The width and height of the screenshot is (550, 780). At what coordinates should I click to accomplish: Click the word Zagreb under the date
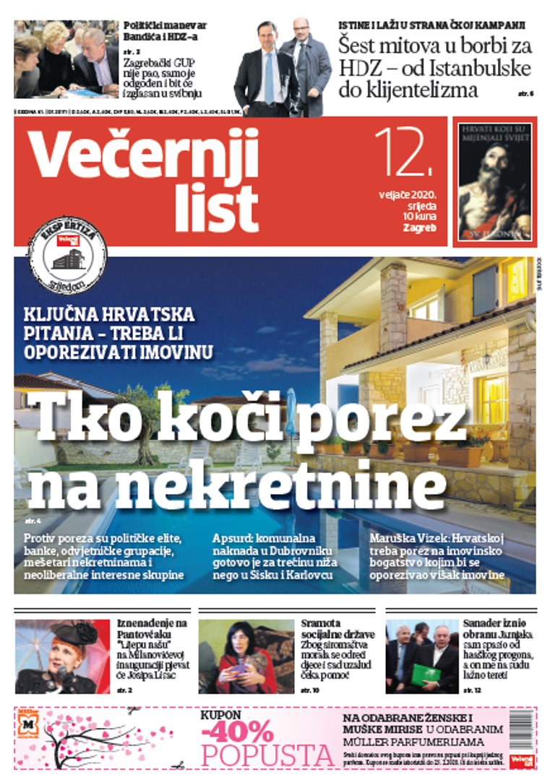click(420, 228)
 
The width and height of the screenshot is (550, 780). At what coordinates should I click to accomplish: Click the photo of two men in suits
click(283, 67)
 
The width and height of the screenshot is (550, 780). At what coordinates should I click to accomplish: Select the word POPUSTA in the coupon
click(267, 755)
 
